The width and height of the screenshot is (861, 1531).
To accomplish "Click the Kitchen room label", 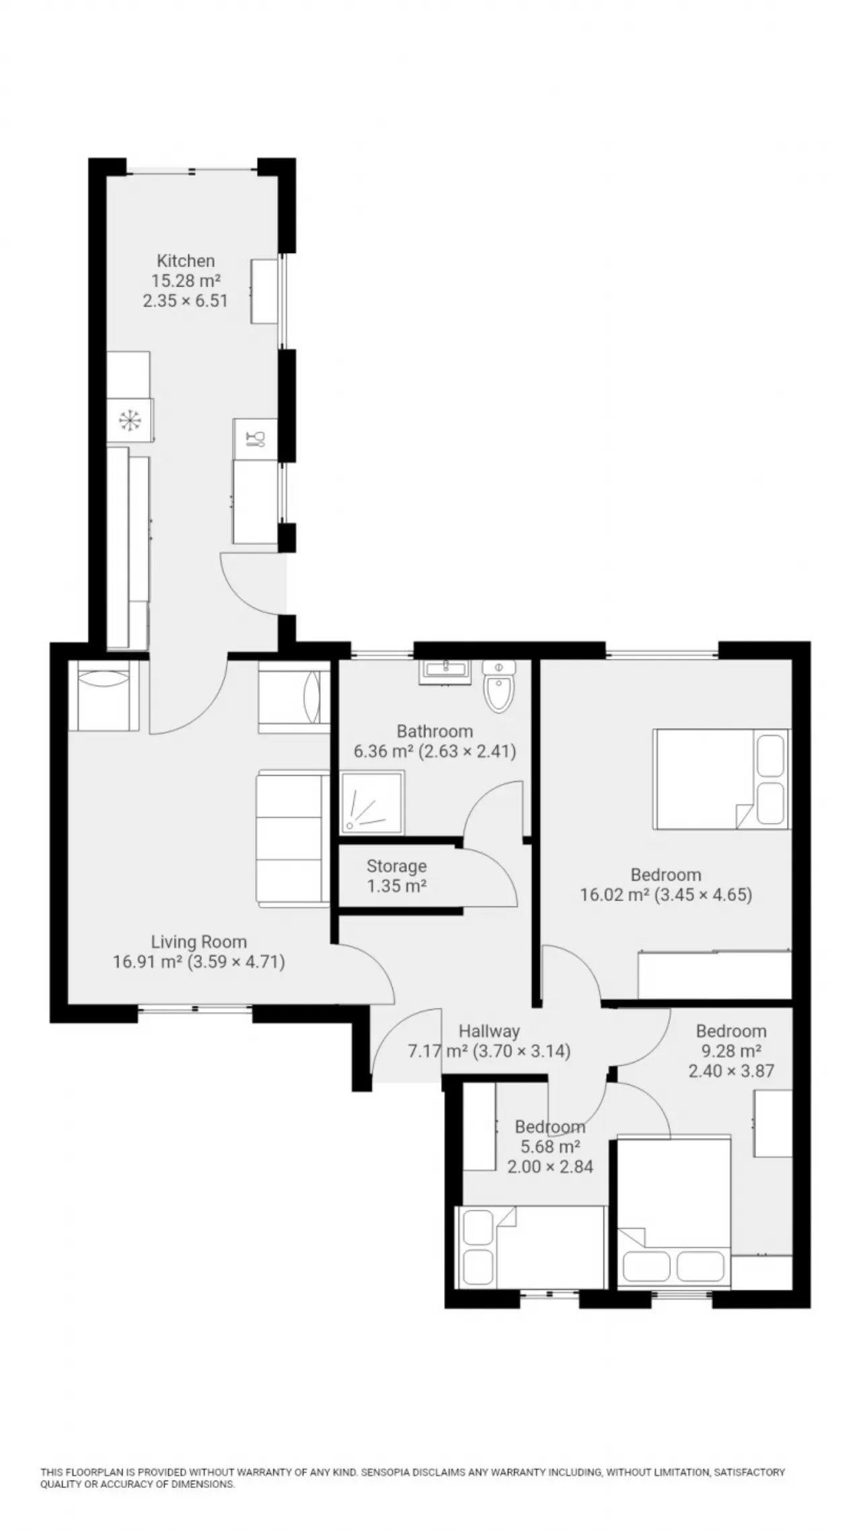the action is pos(186,260).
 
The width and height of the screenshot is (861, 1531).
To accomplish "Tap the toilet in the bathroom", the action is pos(499,686).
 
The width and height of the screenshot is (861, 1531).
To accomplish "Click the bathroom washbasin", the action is pos(445,671).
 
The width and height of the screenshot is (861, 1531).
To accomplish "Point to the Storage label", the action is pos(396,866).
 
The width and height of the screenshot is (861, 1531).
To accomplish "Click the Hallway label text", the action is pos(489,1031).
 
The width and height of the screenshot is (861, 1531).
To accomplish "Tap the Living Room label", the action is pos(198,941).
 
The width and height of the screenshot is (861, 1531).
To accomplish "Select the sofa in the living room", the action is pos(293,839).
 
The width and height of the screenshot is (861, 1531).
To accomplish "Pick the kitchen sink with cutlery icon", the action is pos(256,439).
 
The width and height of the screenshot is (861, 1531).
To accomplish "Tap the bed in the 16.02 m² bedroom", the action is pos(721,779).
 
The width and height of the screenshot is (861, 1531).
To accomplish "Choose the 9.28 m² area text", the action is pos(731,1051).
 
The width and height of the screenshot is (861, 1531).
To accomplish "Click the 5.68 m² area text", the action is pos(550,1146).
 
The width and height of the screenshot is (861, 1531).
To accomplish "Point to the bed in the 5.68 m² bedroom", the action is pos(531,1246).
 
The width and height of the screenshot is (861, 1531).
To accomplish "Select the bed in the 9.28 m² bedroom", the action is pos(674,1213).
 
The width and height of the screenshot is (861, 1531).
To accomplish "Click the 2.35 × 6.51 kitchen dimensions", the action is pos(186,300).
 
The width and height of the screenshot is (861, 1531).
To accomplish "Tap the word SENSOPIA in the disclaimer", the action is pos(385,1472).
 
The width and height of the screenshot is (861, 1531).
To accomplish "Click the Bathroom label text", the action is pos(435,731).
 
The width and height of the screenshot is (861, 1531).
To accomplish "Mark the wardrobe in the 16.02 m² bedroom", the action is pos(714,974).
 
